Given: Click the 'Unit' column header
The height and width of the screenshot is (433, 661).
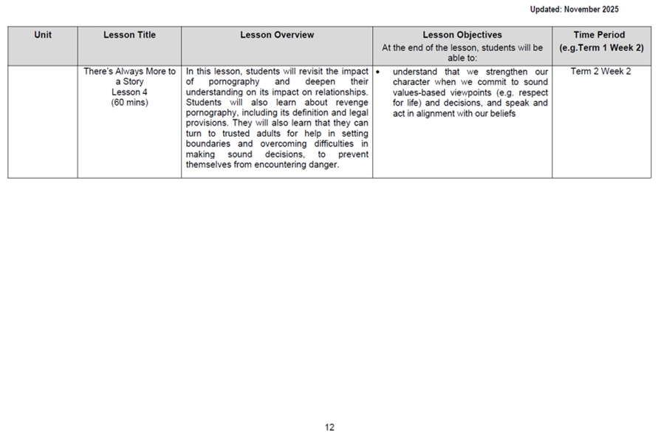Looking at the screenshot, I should click(x=43, y=35).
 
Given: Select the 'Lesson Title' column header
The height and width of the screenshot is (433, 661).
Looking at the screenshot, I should click(x=129, y=35).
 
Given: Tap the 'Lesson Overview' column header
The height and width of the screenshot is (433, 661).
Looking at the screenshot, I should click(x=277, y=35).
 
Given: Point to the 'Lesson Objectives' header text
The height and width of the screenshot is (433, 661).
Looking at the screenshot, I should click(x=462, y=35).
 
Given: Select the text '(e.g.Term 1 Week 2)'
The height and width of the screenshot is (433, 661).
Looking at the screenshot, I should click(x=601, y=47).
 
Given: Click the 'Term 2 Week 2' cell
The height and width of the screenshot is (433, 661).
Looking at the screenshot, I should click(x=601, y=72).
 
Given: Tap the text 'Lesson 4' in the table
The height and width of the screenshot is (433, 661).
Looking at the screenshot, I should click(x=129, y=92).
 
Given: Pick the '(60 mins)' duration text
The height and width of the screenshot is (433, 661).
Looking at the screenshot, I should click(x=129, y=103).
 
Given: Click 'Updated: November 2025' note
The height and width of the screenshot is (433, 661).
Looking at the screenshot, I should click(x=574, y=10).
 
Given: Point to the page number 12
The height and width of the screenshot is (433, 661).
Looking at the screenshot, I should click(x=329, y=427).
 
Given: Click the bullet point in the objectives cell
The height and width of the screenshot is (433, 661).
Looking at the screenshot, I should click(x=378, y=72).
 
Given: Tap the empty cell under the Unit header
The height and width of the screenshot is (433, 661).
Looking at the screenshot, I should click(x=43, y=122).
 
